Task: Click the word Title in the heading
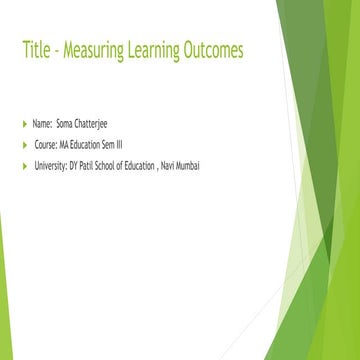click(x=36, y=50)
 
